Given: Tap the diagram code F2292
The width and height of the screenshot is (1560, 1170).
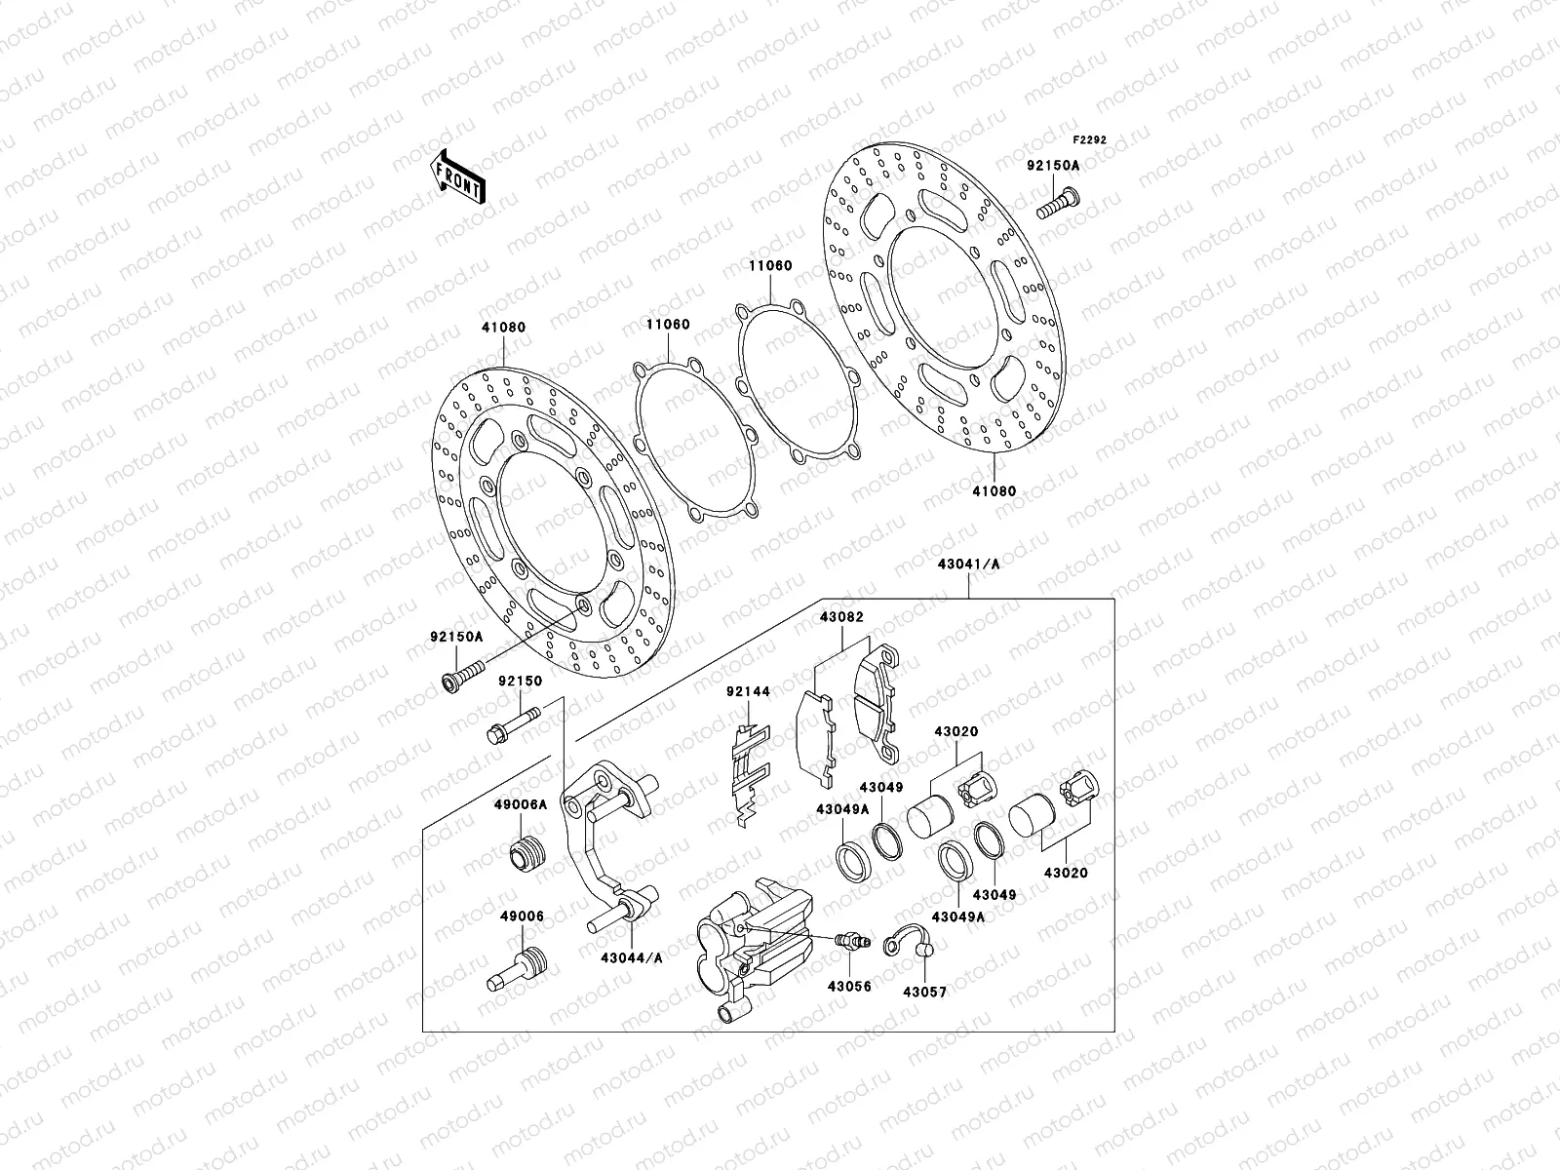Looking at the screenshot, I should [x=1091, y=139].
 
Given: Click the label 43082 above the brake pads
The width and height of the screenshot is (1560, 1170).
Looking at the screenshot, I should [x=840, y=617].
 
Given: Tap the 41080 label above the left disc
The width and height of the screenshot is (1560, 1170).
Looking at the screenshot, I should [x=502, y=328].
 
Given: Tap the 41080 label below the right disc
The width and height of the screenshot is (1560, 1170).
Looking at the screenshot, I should [x=993, y=491].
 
